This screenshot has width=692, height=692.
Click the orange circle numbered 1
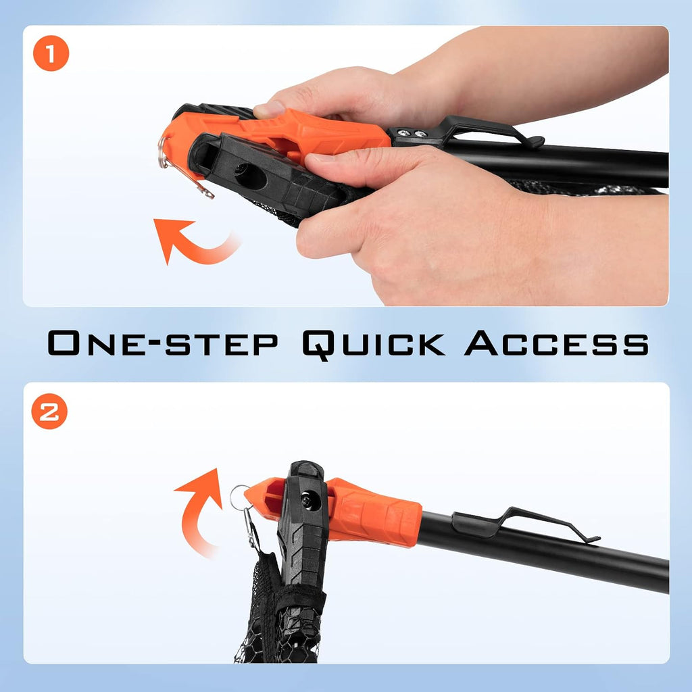pos(51,53)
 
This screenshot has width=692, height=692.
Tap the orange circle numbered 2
pos(49,412)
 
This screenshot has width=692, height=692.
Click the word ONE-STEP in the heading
pos(163,343)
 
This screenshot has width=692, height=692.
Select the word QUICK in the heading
pos(373,344)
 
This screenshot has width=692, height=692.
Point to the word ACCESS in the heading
pos(557,343)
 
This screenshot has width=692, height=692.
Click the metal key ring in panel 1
pos(162,152)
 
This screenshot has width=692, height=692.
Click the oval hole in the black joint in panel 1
pos(250,177)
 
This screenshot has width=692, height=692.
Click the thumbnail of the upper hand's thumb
pos(269,109)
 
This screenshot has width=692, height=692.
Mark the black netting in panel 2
pos(276,618)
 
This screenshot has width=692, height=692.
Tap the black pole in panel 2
pos(543,551)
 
